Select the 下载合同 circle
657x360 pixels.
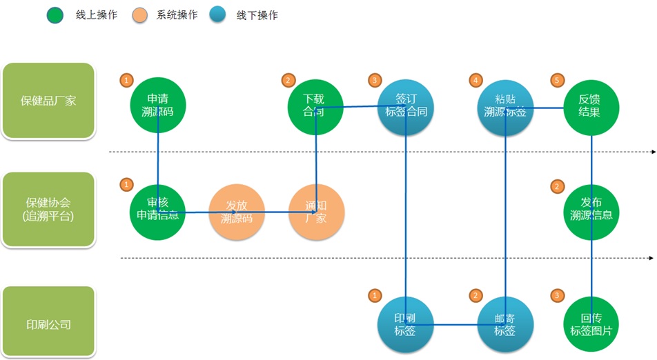pyautogui.click(x=315, y=105)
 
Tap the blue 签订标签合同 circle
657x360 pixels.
pyautogui.click(x=405, y=105)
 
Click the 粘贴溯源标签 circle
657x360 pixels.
pyautogui.click(x=505, y=105)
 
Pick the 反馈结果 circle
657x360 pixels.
pyautogui.click(x=591, y=105)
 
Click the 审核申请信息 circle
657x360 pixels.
pyautogui.click(x=158, y=209)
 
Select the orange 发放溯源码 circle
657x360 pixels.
pyautogui.click(x=237, y=212)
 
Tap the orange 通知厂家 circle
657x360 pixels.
pyautogui.click(x=315, y=212)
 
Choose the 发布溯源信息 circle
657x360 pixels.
pyautogui.click(x=591, y=209)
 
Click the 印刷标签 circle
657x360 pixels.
pyautogui.click(x=405, y=325)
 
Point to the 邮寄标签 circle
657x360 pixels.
pyautogui.click(x=505, y=325)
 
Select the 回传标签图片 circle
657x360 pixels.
pyautogui.click(x=591, y=325)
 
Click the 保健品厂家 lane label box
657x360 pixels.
pyautogui.click(x=48, y=101)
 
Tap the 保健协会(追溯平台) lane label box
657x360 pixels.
pyautogui.click(x=48, y=209)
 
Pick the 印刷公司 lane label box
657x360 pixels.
pyautogui.click(x=48, y=323)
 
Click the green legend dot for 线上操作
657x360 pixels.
pyautogui.click(x=56, y=14)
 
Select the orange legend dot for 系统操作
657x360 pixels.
pyautogui.click(x=140, y=14)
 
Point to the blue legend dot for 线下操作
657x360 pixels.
pyautogui.click(x=219, y=14)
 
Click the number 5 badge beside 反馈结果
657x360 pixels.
pyautogui.click(x=557, y=81)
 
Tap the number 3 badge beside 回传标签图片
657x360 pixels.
pyautogui.click(x=557, y=295)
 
